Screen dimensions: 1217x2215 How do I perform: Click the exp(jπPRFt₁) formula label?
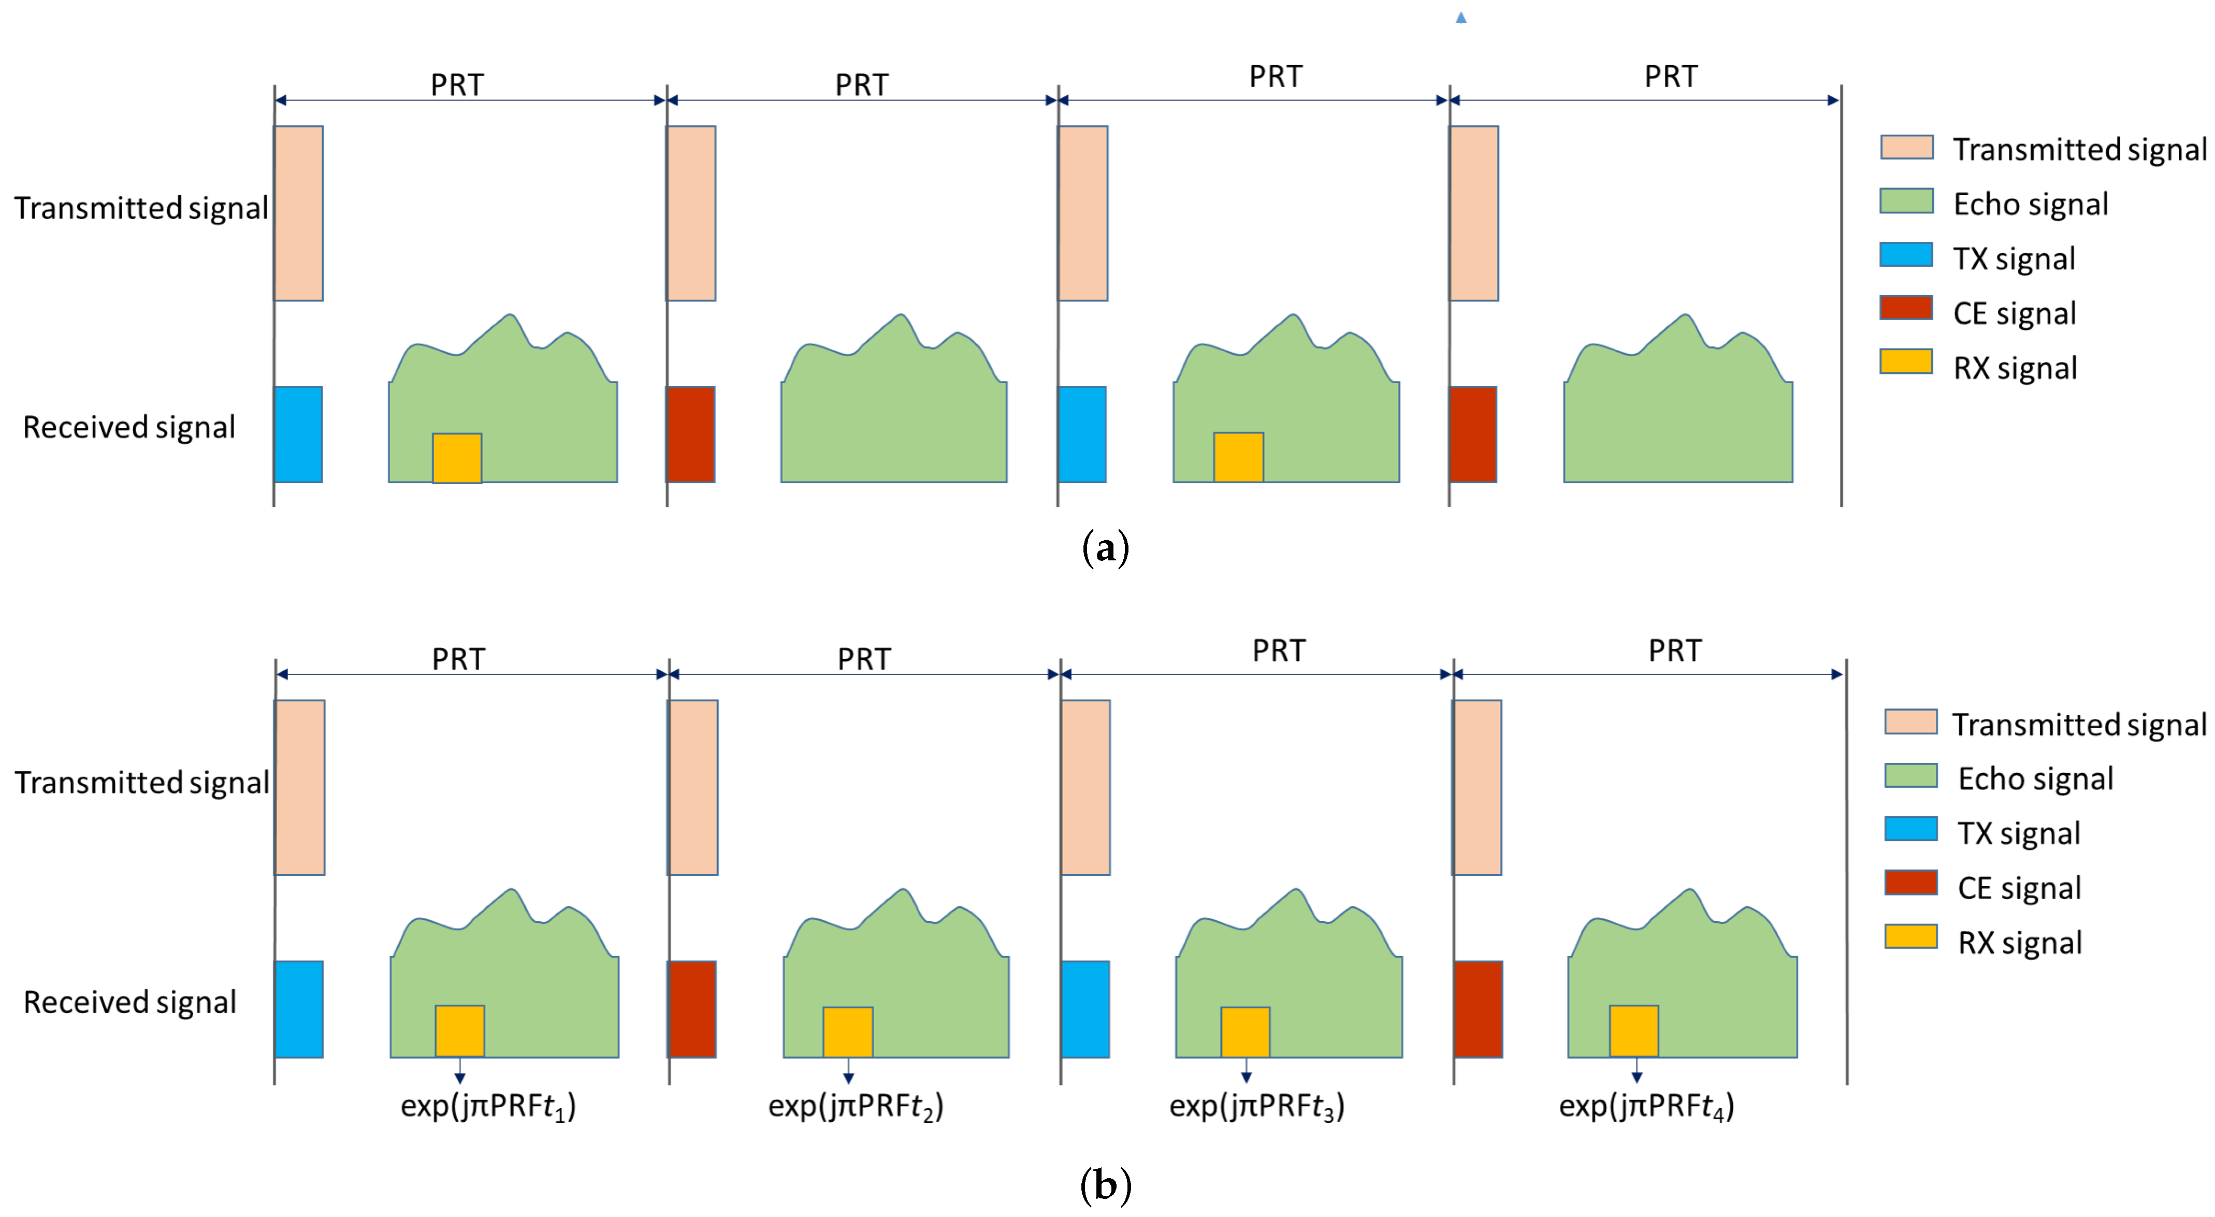tap(487, 1106)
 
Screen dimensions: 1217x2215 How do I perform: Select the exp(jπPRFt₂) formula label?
tap(856, 1106)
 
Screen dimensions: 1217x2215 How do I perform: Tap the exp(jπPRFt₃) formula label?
tap(1256, 1106)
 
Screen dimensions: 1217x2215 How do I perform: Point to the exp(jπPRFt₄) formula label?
tap(1646, 1106)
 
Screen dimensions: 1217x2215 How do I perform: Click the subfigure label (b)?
tap(1105, 1186)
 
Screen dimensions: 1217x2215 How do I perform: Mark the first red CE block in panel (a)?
tap(690, 434)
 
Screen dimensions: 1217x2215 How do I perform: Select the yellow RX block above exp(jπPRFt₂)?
tap(848, 1032)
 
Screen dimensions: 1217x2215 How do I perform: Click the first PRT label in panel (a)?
tap(457, 85)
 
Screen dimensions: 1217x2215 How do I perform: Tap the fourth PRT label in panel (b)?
tap(1674, 651)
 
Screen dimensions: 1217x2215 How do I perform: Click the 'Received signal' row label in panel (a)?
tap(129, 427)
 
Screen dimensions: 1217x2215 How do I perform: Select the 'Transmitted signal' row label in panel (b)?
tap(142, 783)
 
